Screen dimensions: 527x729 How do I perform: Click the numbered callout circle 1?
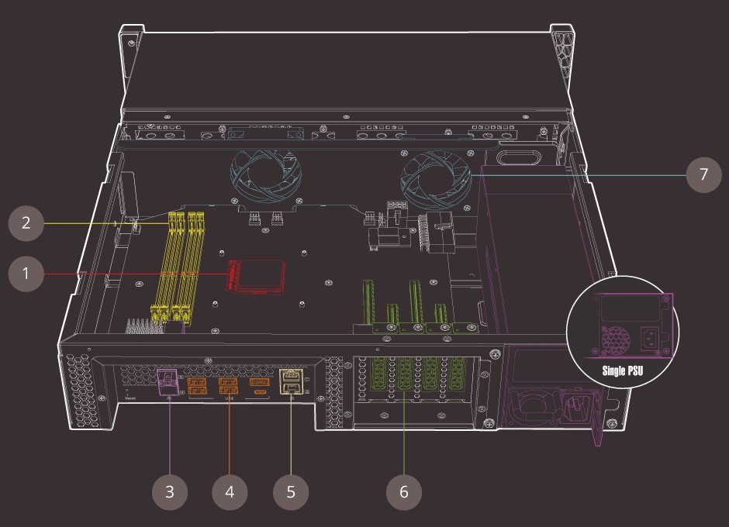[26, 274]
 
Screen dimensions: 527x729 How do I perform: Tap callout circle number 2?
[26, 223]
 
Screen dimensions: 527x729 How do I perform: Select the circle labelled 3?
[169, 491]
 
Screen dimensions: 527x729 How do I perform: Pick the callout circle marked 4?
[230, 491]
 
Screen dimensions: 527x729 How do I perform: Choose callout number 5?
[291, 491]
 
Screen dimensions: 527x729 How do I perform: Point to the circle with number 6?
[404, 491]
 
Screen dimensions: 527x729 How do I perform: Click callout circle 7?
[703, 174]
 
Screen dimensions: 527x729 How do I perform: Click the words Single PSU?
[625, 370]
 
